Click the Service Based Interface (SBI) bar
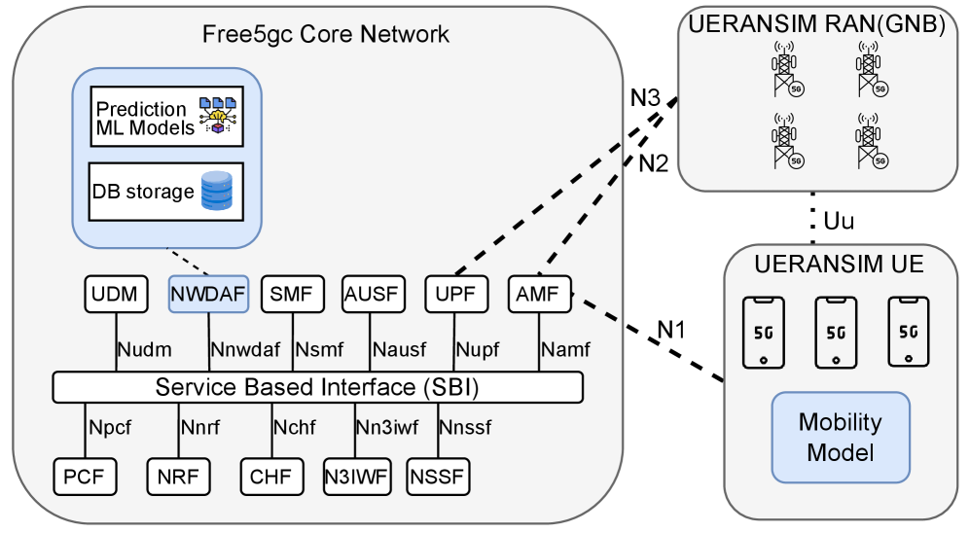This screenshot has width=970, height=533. pos(317,387)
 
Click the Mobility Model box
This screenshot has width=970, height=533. pos(841,438)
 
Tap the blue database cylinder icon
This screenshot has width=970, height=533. pos(217,192)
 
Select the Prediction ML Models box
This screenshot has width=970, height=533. pos(166,117)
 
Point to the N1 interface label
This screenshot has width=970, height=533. pos(671,329)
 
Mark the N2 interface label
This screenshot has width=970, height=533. pos(653,163)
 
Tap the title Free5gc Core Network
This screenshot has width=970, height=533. pos(326,35)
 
